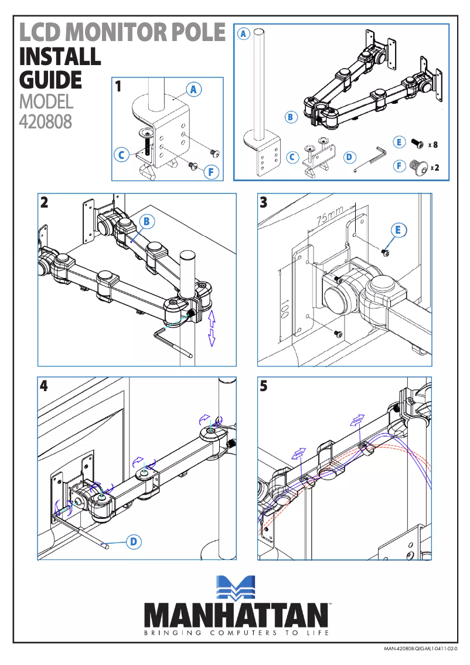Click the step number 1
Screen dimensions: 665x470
tap(118, 87)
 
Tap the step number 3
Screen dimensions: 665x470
tap(263, 203)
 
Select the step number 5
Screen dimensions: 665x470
tap(264, 386)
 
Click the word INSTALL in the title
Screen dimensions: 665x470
tap(60, 57)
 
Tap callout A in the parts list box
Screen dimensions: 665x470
tap(243, 33)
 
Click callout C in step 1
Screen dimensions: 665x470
tap(122, 155)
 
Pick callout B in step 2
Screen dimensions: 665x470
tap(148, 221)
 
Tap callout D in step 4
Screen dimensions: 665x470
tap(134, 542)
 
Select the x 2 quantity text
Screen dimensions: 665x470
tap(434, 168)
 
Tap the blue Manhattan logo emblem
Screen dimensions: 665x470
tap(236, 588)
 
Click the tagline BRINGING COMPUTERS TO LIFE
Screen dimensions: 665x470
tap(236, 633)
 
